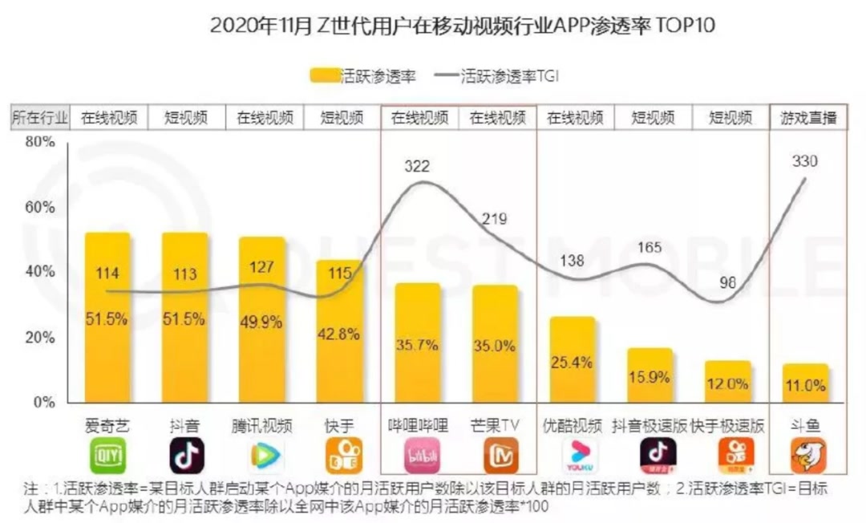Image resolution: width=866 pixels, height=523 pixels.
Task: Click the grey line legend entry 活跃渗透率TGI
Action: click(x=497, y=76)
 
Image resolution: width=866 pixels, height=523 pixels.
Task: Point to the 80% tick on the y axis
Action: click(x=40, y=142)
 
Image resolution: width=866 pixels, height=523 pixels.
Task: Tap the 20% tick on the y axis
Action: click(x=40, y=337)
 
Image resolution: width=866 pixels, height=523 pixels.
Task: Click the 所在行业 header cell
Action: click(x=40, y=118)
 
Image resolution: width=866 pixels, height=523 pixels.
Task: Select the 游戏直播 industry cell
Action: click(x=808, y=118)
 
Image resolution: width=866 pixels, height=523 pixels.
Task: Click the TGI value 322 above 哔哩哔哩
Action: click(x=417, y=167)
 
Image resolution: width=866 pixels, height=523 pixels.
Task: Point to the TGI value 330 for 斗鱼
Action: click(x=804, y=161)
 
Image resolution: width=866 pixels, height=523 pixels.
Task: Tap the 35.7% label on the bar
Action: click(x=417, y=346)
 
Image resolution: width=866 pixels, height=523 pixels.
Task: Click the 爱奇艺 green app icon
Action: click(x=107, y=456)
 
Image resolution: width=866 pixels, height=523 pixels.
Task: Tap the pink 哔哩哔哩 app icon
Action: click(x=419, y=456)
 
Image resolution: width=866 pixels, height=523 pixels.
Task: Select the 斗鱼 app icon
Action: click(x=808, y=456)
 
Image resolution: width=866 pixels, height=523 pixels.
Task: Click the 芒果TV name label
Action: click(x=496, y=425)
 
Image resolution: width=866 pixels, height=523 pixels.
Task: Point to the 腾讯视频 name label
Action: click(x=262, y=425)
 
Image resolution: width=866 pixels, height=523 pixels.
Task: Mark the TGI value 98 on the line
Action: click(x=727, y=283)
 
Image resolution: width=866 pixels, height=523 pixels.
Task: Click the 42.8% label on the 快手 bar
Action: click(x=339, y=334)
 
